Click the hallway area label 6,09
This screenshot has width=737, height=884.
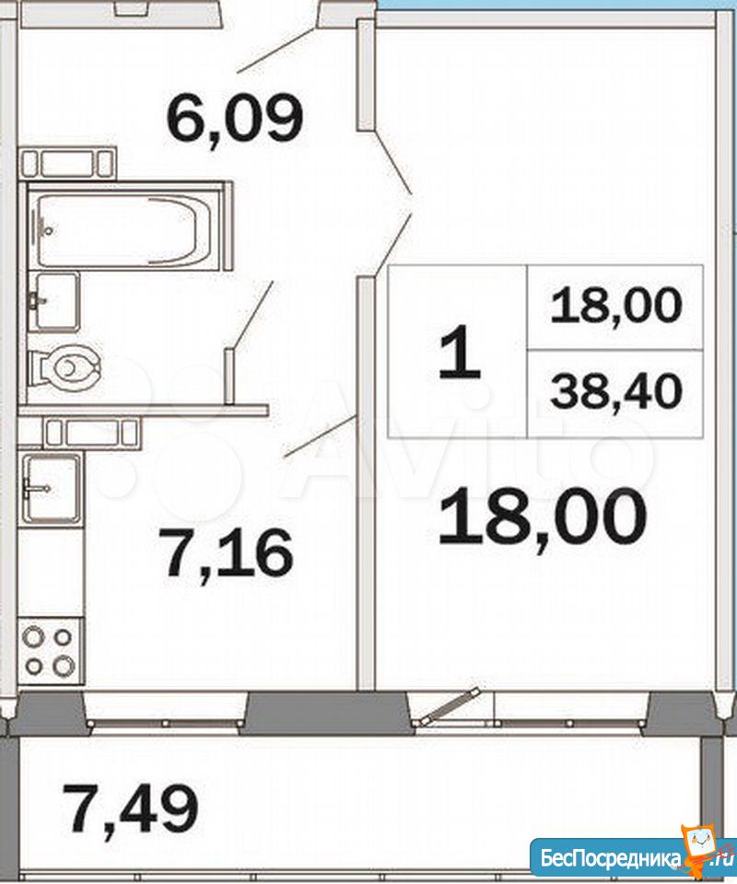pyautogui.click(x=235, y=121)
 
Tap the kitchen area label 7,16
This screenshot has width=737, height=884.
pyautogui.click(x=229, y=552)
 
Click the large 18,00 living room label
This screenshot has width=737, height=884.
pyautogui.click(x=542, y=518)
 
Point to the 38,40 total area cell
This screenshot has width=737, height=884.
pyautogui.click(x=616, y=393)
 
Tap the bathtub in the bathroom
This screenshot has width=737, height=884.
pyautogui.click(x=124, y=229)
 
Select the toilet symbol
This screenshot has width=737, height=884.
pyautogui.click(x=64, y=366)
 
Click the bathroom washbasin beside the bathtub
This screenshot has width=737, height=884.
pyautogui.click(x=53, y=301)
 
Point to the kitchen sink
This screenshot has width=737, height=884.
pyautogui.click(x=51, y=488)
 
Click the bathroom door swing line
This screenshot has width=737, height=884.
pyautogui.click(x=252, y=315)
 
